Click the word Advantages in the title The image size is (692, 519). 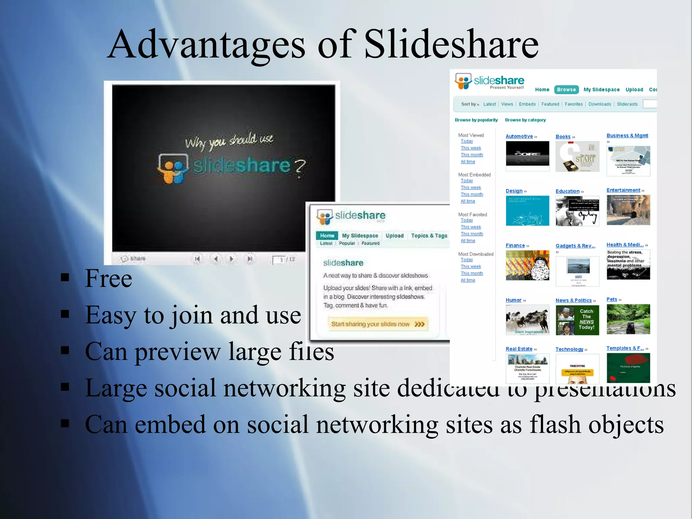(x=206, y=45)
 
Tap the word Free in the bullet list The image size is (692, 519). (x=108, y=278)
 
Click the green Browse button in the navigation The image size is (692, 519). (x=566, y=90)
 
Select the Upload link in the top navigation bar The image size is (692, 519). (x=634, y=90)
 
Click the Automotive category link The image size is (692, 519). (x=519, y=136)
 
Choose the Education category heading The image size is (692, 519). (x=567, y=191)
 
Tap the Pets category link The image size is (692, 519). (x=612, y=299)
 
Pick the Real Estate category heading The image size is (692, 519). (x=519, y=349)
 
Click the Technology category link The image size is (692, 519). (x=569, y=349)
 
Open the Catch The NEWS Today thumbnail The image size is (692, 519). (x=577, y=320)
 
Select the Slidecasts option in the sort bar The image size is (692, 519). (x=627, y=104)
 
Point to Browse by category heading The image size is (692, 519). (x=525, y=120)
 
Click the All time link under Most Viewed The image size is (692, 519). (x=468, y=162)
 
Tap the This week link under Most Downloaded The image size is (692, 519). (x=471, y=267)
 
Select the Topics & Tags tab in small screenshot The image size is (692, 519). (x=429, y=236)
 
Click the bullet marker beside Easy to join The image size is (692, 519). (x=65, y=314)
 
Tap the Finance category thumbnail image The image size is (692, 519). (x=527, y=265)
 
